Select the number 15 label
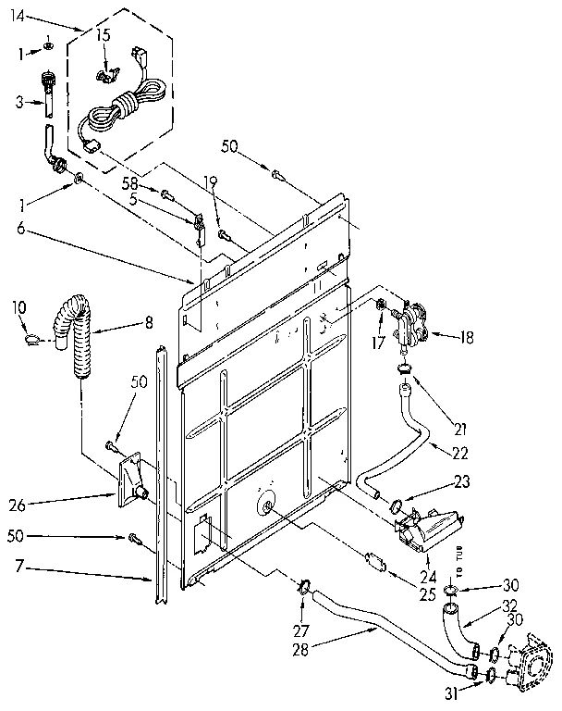point(104,35)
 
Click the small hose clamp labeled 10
point(30,339)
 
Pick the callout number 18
point(467,338)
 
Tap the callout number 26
point(18,505)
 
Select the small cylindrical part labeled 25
point(374,560)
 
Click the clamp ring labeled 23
point(396,507)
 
